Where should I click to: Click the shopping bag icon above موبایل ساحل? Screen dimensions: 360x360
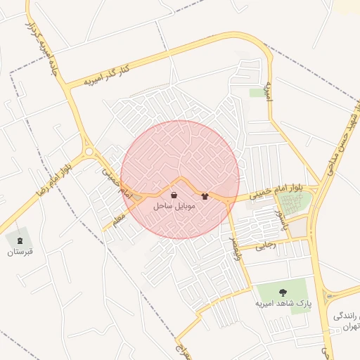point(174,195)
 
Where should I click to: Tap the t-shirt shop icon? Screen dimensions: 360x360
point(205,196)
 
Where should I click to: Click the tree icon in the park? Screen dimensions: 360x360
point(283,292)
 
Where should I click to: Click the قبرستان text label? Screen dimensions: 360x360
point(20,251)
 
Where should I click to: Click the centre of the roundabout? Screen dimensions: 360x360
point(89,150)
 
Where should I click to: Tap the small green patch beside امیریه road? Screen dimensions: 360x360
point(257,92)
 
